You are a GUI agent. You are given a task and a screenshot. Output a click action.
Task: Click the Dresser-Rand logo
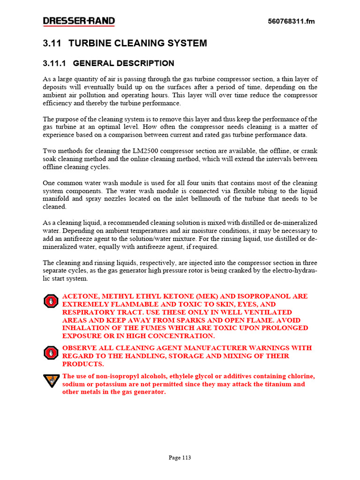[x=79, y=21]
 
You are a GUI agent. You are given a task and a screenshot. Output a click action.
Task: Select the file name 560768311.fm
[x=291, y=22]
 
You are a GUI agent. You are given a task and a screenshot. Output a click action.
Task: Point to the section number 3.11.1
[x=55, y=63]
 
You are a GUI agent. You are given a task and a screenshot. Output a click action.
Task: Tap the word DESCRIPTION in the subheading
[x=148, y=63]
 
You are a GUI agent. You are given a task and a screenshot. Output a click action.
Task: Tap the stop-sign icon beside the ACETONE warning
[x=50, y=301]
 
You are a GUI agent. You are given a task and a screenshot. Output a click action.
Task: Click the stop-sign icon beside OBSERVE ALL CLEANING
[x=50, y=352]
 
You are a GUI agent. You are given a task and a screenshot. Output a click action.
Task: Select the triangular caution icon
[x=50, y=380]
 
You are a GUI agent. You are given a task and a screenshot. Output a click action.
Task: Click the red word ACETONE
[x=80, y=297]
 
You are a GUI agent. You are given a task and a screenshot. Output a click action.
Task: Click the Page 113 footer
[x=180, y=458]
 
